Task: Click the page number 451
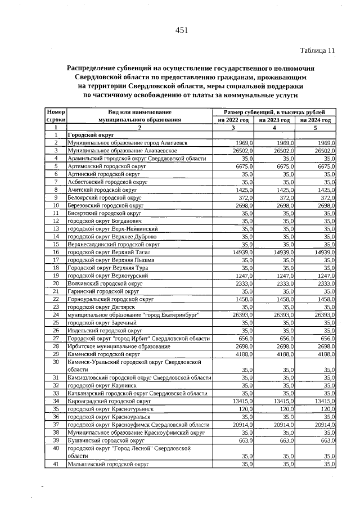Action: click(x=181, y=30)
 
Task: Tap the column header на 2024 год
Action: click(x=316, y=120)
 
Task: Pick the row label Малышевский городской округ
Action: click(x=107, y=465)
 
